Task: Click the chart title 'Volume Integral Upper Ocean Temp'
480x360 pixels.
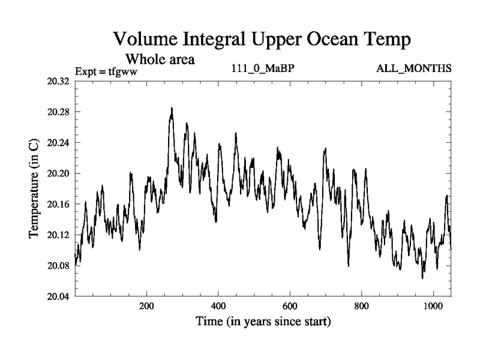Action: [x=262, y=40]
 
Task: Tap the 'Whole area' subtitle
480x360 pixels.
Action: [x=160, y=59]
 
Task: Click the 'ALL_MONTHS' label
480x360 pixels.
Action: [x=413, y=68]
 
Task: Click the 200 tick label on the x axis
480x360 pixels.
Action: [x=146, y=305]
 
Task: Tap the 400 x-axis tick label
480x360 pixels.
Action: [x=218, y=305]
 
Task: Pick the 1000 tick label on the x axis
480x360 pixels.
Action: [x=433, y=305]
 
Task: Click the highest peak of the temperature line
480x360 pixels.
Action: [x=172, y=109]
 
